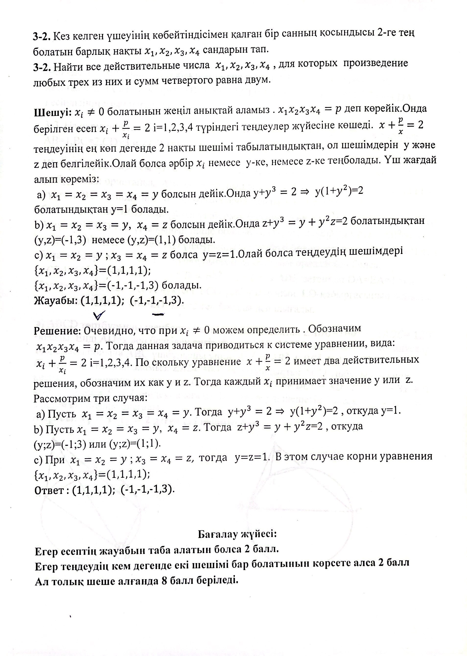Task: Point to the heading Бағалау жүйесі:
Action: (237, 534)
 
